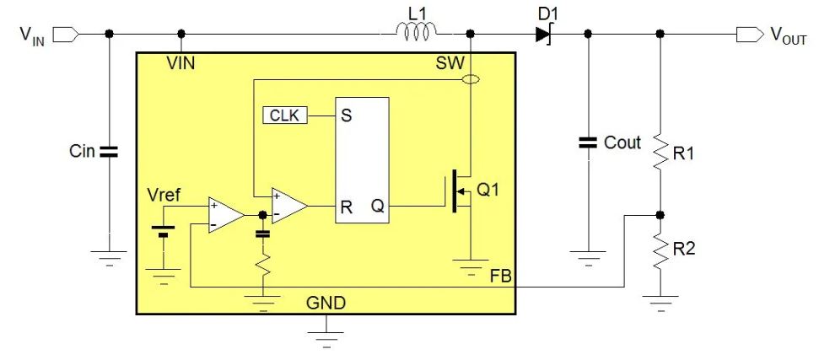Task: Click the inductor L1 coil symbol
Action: [x=417, y=32]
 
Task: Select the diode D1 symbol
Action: [x=542, y=34]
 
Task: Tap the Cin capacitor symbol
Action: [x=109, y=152]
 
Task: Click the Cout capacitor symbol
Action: [x=588, y=142]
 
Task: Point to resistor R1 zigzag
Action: [x=660, y=153]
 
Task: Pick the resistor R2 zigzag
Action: [x=660, y=250]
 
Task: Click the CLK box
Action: [x=286, y=115]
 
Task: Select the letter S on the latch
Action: [x=346, y=116]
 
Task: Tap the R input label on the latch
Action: [x=346, y=205]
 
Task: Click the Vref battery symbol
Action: [x=162, y=230]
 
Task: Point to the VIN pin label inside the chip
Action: [x=181, y=62]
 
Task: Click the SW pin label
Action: [x=450, y=63]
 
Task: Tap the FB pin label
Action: [x=501, y=276]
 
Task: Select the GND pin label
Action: [x=326, y=302]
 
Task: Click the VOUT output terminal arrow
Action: [x=746, y=34]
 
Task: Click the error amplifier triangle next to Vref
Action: [x=225, y=215]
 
